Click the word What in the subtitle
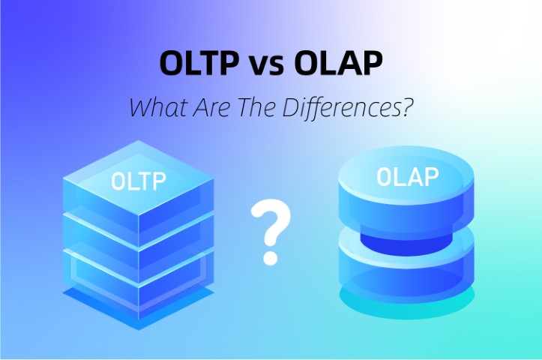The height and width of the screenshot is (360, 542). pyautogui.click(x=155, y=106)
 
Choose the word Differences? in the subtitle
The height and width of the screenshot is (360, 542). pyautogui.click(x=349, y=106)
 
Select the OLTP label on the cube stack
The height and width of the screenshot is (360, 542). pyautogui.click(x=138, y=181)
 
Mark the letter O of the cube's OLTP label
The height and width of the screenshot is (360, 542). pyautogui.click(x=118, y=181)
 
